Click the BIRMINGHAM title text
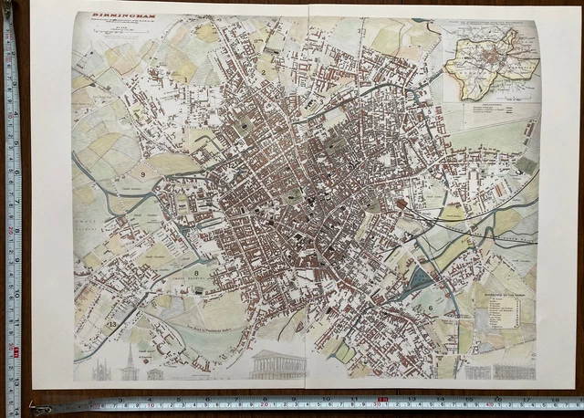[x=103, y=16]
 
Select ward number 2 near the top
[x=262, y=70]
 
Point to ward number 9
[x=143, y=173]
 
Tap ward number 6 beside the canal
[x=431, y=308]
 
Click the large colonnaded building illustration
[x=277, y=365]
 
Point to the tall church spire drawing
[x=130, y=363]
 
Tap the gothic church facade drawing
[x=101, y=370]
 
